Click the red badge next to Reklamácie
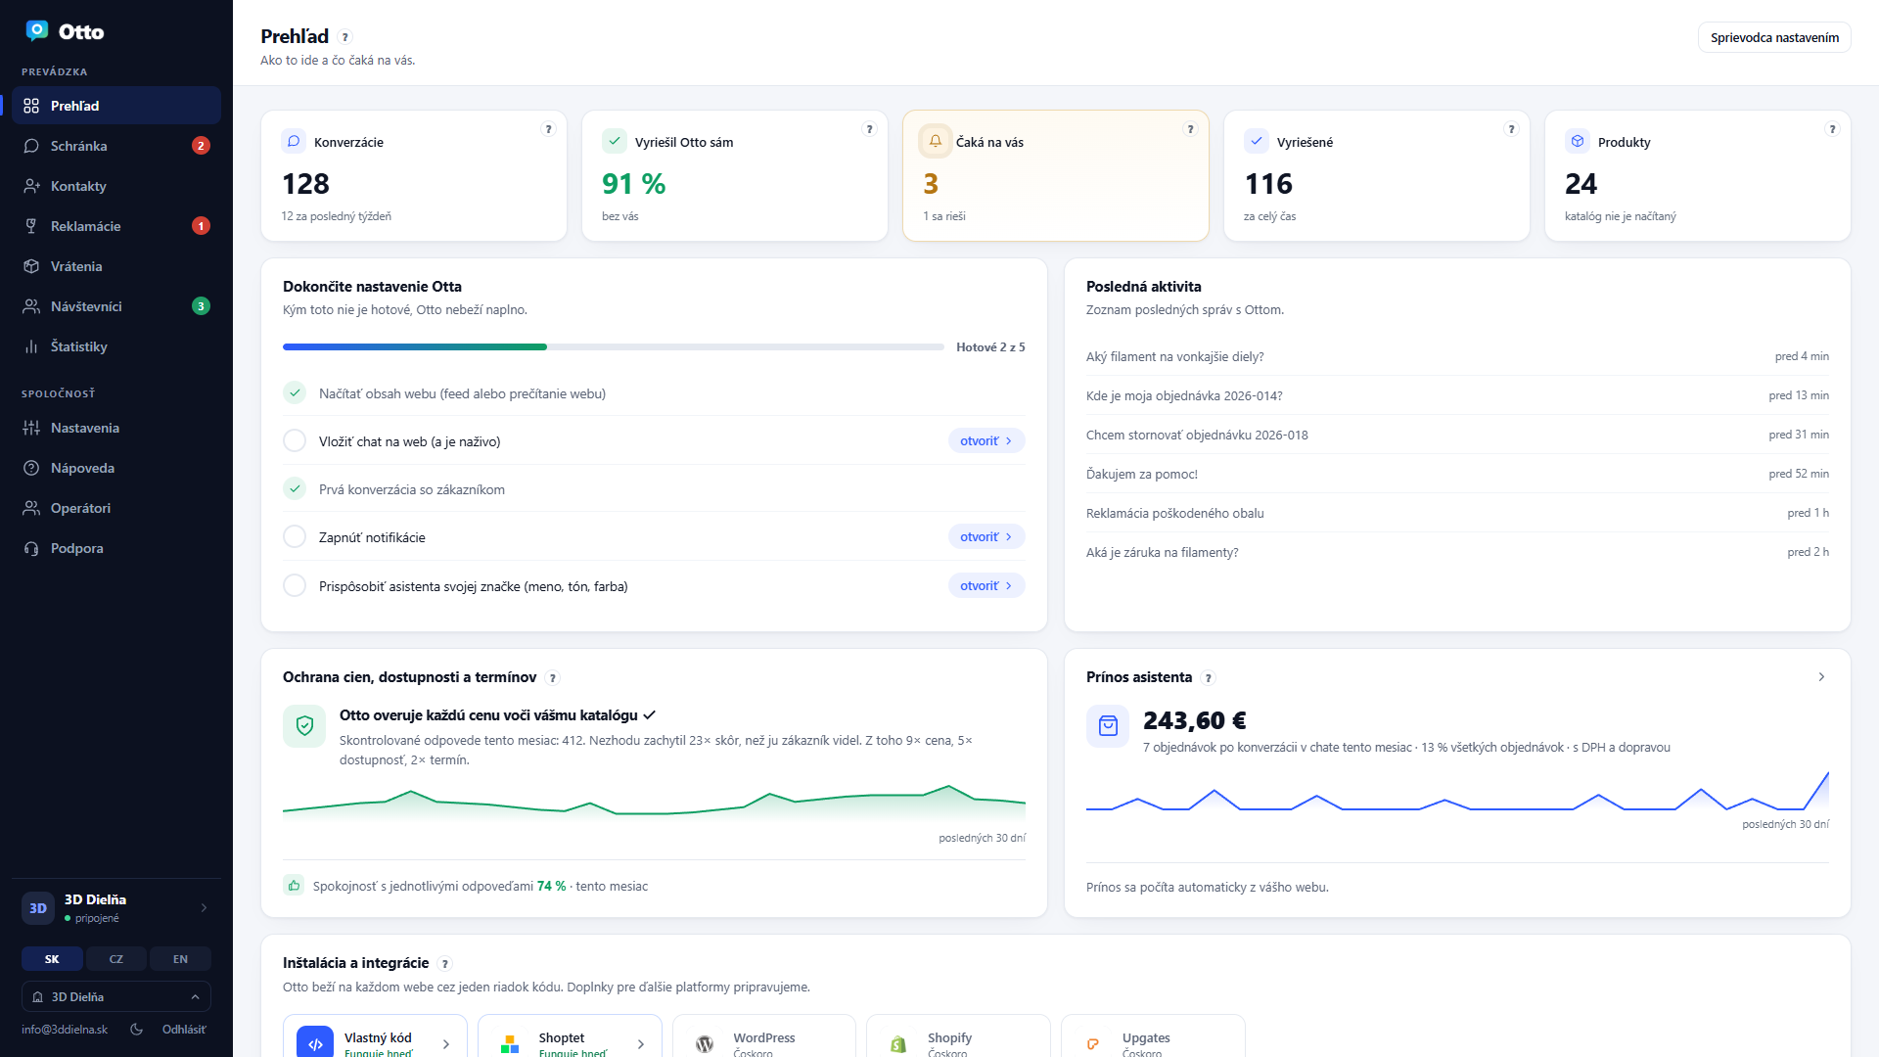201,226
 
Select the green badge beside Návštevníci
201,306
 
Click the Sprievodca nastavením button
1774,37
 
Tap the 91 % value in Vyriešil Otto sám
633,184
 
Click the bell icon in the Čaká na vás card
935,141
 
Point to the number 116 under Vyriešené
1268,184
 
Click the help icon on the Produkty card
1831,129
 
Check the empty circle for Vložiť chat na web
295,440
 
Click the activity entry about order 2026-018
1197,435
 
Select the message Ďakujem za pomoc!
1142,474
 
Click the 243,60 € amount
1194,720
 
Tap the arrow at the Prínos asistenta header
1821,677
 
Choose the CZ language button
116,959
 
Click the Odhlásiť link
184,1030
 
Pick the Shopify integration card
958,1039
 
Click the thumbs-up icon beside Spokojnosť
294,885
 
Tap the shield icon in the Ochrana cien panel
304,726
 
